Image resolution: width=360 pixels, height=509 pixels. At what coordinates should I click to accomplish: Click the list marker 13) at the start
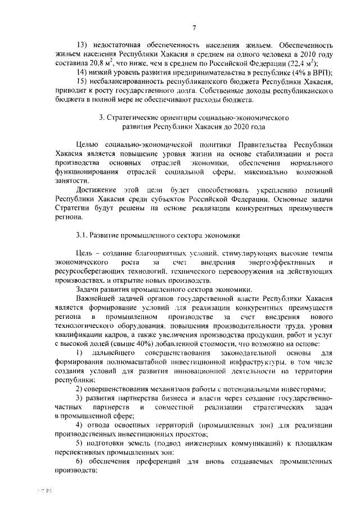coord(82,44)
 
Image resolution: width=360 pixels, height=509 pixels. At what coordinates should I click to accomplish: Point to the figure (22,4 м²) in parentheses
coord(294,64)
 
